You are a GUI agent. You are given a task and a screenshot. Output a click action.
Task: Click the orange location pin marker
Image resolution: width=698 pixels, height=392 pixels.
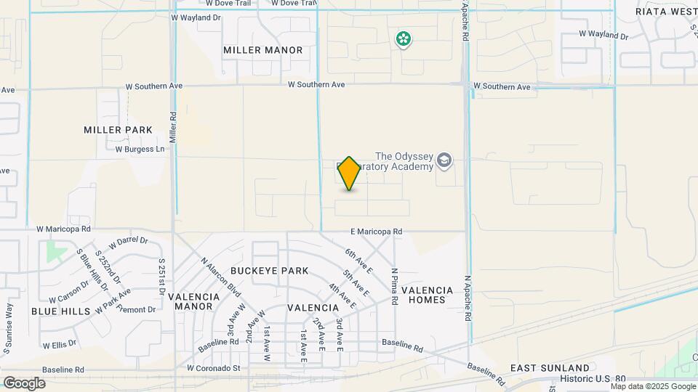tap(350, 173)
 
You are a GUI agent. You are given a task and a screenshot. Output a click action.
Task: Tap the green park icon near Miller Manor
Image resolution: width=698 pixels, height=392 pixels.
tap(403, 38)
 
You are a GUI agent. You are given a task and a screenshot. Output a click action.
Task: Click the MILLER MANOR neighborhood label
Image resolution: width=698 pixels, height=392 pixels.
tap(263, 50)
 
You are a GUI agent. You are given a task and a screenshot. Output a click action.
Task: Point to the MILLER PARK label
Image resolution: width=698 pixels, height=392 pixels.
tap(118, 130)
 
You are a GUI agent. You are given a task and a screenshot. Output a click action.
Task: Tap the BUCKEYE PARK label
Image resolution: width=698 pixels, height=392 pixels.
tap(269, 271)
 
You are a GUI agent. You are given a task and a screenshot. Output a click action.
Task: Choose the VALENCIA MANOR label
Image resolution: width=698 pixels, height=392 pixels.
tap(194, 302)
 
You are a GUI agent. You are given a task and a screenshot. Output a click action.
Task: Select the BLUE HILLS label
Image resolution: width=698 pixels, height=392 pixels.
tap(61, 311)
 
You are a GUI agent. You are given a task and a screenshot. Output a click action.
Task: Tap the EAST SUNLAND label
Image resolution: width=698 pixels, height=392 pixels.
tap(550, 368)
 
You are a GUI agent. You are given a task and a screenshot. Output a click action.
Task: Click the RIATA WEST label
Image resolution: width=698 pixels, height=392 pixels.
tap(666, 12)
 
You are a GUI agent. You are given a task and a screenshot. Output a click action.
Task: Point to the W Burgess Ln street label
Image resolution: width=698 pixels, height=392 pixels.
tap(140, 150)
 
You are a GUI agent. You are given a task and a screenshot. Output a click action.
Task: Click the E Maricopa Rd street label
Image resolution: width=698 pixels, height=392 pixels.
tap(376, 232)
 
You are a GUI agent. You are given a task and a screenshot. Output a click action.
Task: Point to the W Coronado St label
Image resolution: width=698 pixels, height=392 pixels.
tap(213, 368)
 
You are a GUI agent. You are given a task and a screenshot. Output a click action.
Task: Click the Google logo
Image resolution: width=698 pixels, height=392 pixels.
tap(24, 383)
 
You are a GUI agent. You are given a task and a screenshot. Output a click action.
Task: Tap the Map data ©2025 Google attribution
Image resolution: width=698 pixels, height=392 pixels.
tap(654, 386)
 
